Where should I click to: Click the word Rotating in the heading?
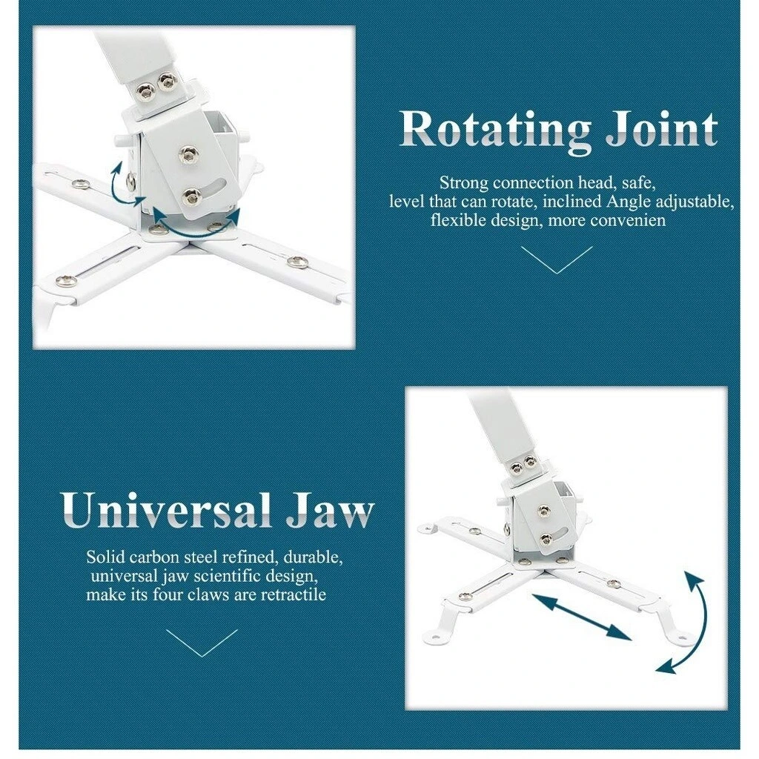495,130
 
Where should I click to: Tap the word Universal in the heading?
166,510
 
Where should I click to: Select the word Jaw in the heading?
330,510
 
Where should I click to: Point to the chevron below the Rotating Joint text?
557,260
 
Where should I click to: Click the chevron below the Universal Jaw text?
202,643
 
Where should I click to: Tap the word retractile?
294,594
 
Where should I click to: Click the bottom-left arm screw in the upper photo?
65,281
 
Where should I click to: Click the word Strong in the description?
464,183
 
